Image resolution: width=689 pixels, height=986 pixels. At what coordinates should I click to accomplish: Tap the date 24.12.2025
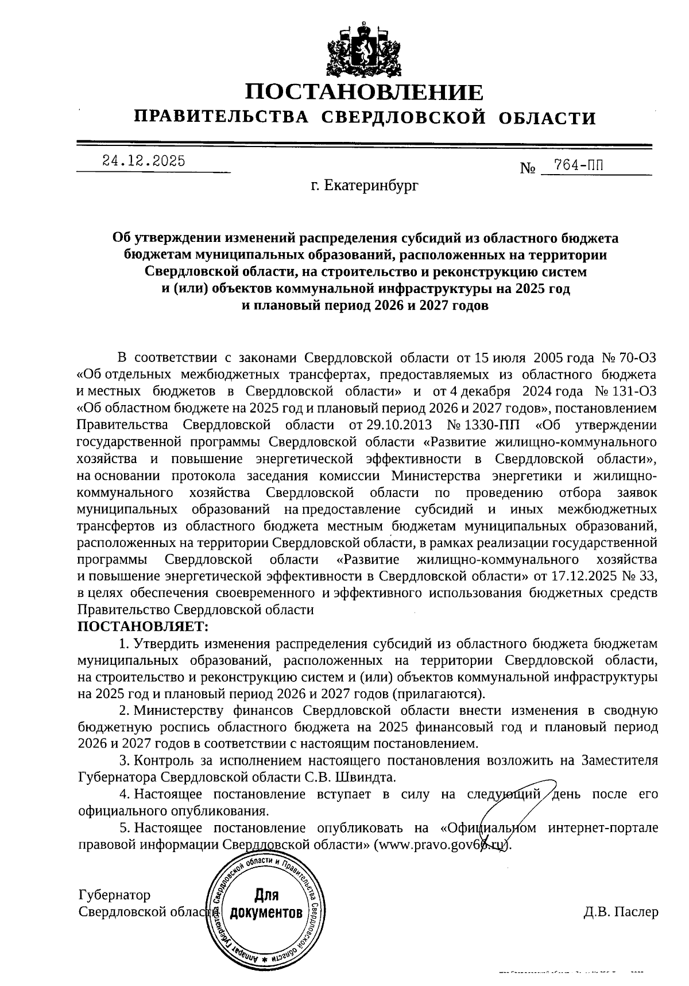[144, 161]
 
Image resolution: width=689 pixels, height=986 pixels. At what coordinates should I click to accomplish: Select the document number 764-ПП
[574, 166]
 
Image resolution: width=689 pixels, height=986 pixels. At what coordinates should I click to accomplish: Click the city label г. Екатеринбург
[365, 186]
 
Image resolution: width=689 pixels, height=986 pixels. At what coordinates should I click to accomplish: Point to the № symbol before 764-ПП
[528, 168]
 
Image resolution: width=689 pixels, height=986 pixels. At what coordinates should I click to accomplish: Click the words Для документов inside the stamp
[266, 903]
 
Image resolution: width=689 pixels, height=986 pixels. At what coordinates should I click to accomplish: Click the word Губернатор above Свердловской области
[114, 895]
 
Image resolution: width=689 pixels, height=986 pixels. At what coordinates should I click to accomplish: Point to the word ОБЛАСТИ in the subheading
[547, 118]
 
